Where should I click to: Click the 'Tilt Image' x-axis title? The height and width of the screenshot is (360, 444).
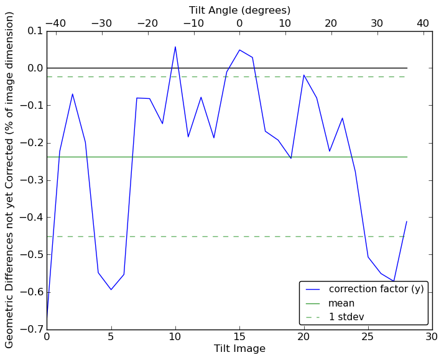[239, 349]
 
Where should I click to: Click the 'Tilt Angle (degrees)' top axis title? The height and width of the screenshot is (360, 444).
[239, 10]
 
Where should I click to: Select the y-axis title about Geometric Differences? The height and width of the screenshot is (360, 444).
[10, 180]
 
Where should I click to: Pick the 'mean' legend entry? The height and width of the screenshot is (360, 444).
[341, 303]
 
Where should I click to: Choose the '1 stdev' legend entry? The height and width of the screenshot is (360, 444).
[346, 318]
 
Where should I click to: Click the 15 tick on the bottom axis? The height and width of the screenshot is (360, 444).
[239, 337]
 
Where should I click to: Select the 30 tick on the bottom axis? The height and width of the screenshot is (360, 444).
[432, 337]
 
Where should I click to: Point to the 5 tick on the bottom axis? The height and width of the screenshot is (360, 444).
[111, 337]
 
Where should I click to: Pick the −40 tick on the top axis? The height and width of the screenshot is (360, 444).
[55, 23]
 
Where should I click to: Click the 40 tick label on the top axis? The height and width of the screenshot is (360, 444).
[423, 23]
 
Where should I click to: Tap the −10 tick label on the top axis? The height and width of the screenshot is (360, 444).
[193, 23]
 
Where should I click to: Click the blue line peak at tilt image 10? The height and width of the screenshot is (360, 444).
[175, 47]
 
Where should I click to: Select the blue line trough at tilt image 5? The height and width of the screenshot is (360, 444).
[111, 289]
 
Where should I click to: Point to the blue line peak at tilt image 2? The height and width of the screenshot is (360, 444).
[72, 94]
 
